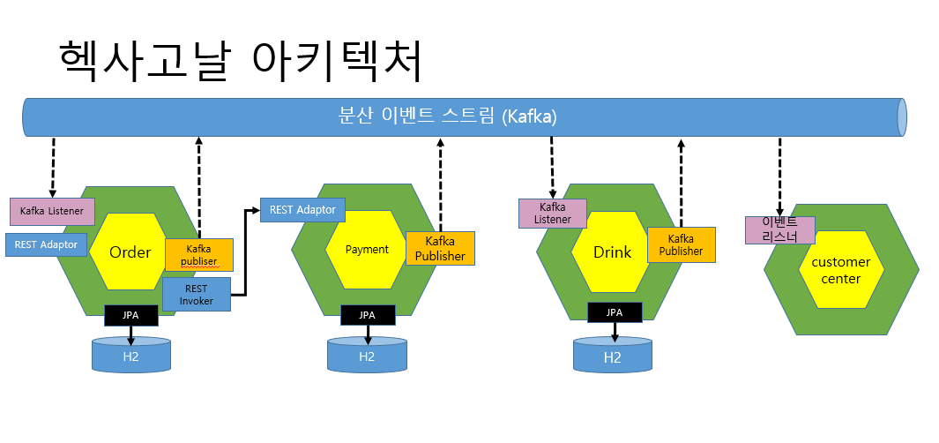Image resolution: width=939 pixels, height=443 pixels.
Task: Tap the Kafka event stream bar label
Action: point(448,116)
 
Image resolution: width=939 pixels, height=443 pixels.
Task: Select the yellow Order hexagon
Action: point(130,252)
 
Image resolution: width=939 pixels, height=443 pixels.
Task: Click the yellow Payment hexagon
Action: point(367,250)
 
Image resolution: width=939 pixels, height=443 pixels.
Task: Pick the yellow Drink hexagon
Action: point(612,252)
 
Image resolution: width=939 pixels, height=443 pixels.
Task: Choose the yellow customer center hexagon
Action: point(840,270)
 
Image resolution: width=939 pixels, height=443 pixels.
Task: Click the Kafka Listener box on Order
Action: point(52,211)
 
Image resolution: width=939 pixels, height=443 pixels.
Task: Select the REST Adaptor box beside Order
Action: point(46,244)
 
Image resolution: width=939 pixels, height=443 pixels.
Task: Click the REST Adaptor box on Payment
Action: point(302,210)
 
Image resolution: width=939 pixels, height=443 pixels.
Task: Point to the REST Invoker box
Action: point(197,294)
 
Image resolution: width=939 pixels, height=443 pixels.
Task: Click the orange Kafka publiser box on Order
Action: point(198,255)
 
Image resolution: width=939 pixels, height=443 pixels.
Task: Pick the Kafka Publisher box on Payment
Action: point(440,248)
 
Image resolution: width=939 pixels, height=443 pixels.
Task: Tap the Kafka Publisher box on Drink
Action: point(681,244)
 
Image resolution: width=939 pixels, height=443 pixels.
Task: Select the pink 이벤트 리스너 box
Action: point(779,230)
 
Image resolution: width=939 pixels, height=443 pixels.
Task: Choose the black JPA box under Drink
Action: point(614,312)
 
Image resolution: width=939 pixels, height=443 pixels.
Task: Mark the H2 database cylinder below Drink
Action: point(613,357)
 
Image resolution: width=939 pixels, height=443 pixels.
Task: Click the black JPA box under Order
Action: point(131,313)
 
